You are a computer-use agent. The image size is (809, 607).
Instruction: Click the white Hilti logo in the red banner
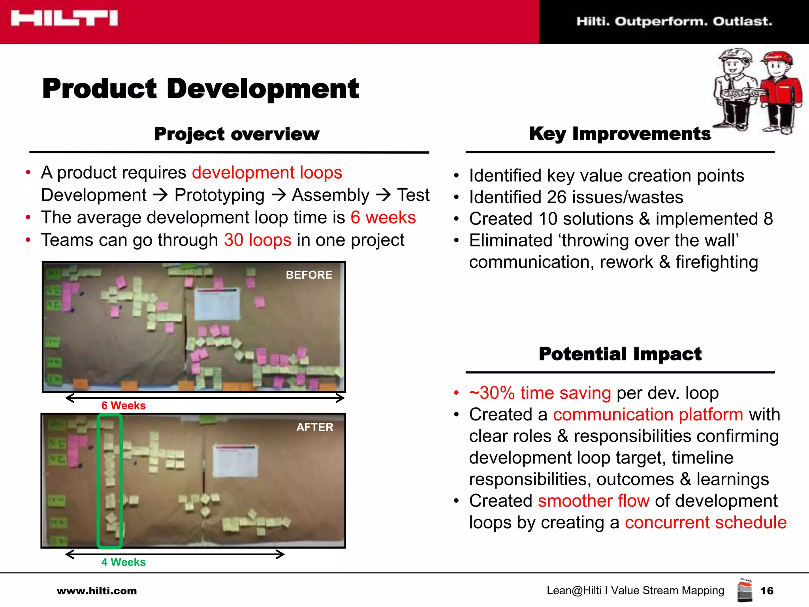click(x=64, y=18)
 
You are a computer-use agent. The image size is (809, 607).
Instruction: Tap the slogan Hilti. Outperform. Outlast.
click(x=674, y=21)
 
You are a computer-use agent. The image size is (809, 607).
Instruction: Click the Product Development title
click(x=200, y=89)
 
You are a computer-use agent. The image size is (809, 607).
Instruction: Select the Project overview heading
click(x=236, y=134)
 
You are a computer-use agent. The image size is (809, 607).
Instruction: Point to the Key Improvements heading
click(x=619, y=134)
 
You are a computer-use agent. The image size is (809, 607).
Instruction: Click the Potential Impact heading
click(x=620, y=354)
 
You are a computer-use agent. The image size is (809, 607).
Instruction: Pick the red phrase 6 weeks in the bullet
click(x=383, y=218)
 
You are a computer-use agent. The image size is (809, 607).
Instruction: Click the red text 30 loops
click(x=258, y=240)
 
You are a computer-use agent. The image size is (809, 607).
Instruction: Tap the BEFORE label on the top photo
click(x=309, y=275)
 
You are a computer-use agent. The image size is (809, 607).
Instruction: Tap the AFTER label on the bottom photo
click(x=315, y=427)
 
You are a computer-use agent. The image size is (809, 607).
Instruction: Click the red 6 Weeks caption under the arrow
click(x=123, y=406)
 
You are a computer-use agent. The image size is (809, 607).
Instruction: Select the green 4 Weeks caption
click(x=123, y=562)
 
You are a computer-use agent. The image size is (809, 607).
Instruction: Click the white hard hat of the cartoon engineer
click(x=735, y=55)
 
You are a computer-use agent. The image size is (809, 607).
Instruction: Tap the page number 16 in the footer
click(x=767, y=591)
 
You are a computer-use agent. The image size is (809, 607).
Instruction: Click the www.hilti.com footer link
click(x=97, y=591)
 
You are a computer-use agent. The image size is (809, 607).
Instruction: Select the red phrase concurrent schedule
click(x=706, y=523)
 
